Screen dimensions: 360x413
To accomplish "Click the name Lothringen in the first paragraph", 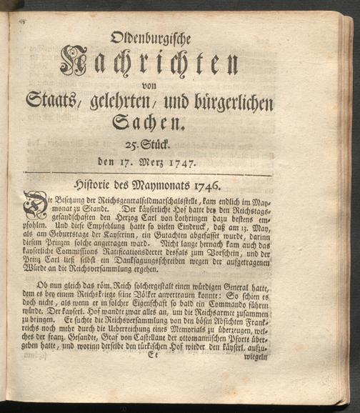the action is [190, 221].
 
